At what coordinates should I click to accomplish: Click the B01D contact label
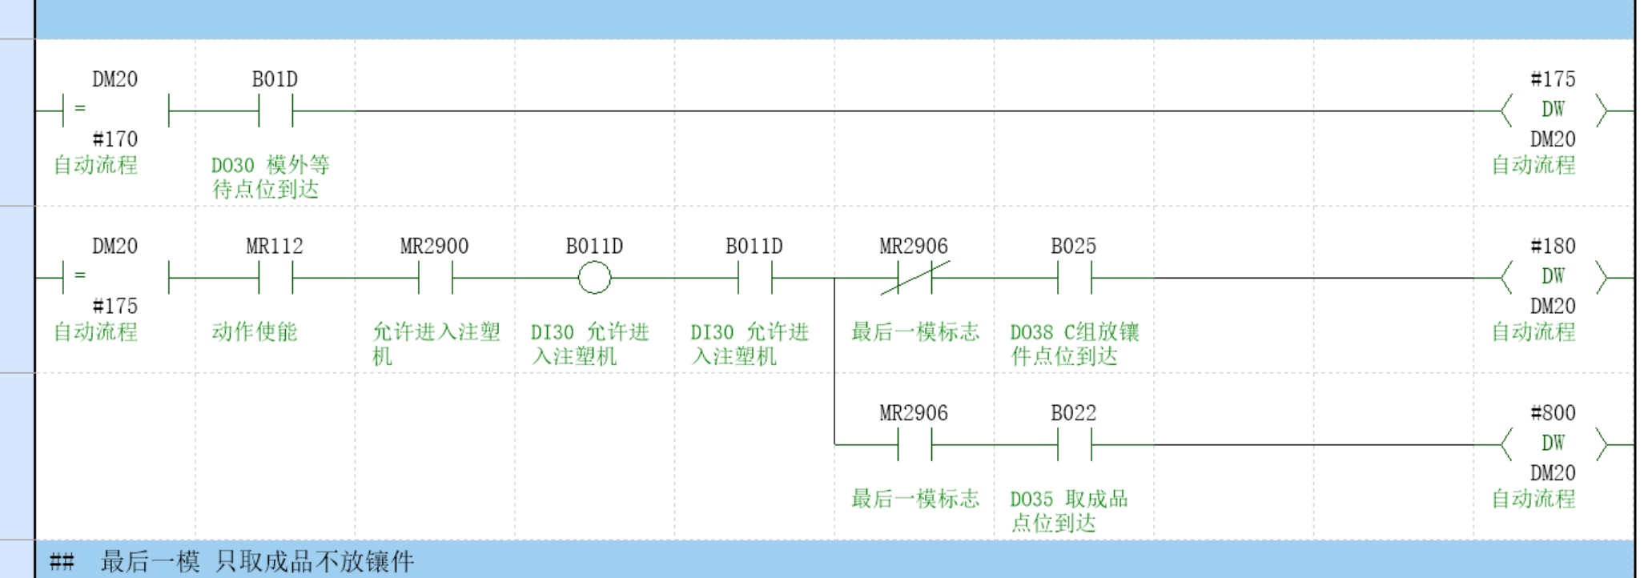[275, 79]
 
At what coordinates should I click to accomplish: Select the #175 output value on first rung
[1552, 79]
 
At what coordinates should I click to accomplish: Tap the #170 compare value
[115, 139]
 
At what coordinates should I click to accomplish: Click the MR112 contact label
[275, 246]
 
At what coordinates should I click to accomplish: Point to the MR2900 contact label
[434, 246]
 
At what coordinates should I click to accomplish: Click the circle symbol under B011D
[594, 279]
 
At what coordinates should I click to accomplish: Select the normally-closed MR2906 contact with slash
[914, 279]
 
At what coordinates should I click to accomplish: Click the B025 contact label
[1073, 246]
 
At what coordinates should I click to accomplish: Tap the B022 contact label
[1073, 413]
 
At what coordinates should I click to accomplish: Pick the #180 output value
[1552, 246]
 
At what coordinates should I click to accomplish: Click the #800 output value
[1552, 413]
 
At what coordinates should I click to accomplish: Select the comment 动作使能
[255, 331]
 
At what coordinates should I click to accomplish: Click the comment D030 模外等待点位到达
[270, 177]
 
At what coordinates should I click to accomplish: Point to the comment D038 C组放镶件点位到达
[1074, 343]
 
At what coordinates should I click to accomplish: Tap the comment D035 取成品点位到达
[1068, 511]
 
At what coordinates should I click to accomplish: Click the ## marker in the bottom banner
[62, 561]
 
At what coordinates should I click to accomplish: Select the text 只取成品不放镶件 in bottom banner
[314, 561]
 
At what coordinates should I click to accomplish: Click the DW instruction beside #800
[1552, 444]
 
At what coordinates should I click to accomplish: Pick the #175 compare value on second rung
[115, 306]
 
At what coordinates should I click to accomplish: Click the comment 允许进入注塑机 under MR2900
[435, 343]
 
